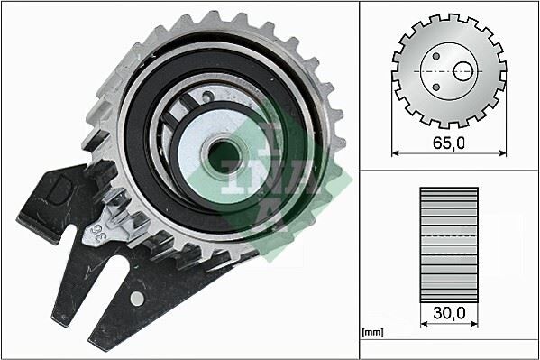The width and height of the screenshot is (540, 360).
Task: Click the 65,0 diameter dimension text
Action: pos(449,143)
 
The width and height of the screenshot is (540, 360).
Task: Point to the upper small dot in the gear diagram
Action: pos(436,53)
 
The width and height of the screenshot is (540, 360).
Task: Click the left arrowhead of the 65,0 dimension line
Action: pos(396,152)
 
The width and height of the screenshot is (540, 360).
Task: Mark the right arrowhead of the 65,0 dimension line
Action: pos(502,152)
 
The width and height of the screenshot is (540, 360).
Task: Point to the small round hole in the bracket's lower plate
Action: pos(136,297)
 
